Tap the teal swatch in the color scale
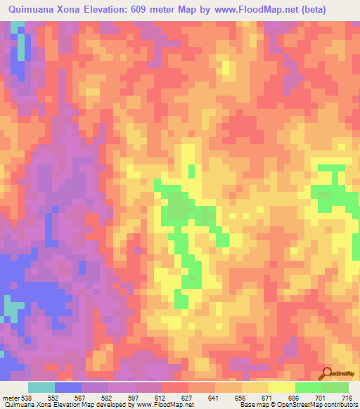(41, 387)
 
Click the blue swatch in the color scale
(67, 387)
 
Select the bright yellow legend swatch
(281, 387)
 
